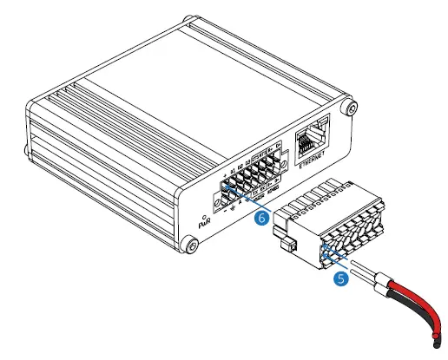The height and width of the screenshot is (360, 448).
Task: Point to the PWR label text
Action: (x=206, y=224)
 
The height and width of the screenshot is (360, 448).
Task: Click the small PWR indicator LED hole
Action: (x=203, y=213)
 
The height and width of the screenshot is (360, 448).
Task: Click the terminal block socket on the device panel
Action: (x=251, y=180)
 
